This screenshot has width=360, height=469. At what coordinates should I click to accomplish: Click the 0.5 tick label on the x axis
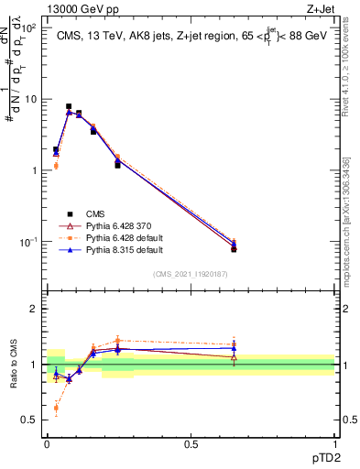pyautogui.click(x=191, y=443)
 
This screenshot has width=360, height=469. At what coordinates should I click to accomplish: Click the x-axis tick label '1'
pyautogui.click(x=334, y=443)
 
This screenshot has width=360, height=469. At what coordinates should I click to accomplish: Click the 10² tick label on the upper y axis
pyautogui.click(x=30, y=28)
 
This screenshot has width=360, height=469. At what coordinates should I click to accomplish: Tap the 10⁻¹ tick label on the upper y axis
pyautogui.click(x=30, y=242)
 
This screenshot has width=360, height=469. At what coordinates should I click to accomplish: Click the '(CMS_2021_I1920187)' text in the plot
pyautogui.click(x=191, y=273)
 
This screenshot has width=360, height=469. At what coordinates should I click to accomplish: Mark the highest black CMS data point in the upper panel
pyautogui.click(x=69, y=106)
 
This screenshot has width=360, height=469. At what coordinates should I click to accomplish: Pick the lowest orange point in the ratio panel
pyautogui.click(x=56, y=408)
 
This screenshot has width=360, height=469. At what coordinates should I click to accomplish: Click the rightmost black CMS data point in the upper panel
pyautogui.click(x=234, y=249)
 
